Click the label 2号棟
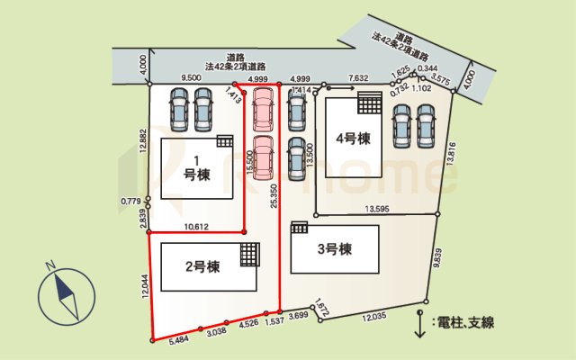click(202, 266)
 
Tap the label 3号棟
click(333, 248)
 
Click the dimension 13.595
click(378, 209)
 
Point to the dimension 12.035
click(380, 318)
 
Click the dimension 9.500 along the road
click(190, 78)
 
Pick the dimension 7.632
click(358, 78)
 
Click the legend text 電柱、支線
click(463, 321)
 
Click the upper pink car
click(263, 110)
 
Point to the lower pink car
click(263, 157)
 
